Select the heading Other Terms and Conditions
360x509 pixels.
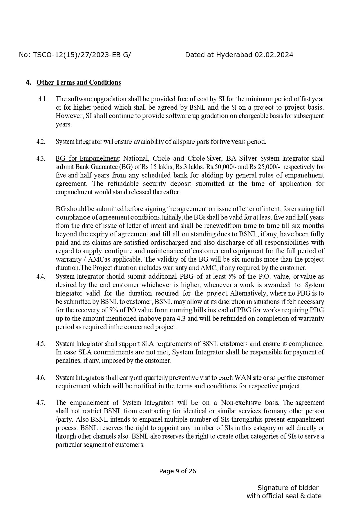tap(79, 82)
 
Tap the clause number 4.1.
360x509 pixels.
tap(43, 99)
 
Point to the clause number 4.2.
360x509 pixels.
tap(41, 142)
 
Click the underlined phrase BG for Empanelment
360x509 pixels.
tap(87, 159)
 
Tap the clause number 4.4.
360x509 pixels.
tap(41, 277)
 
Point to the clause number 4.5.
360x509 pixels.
tap(41, 344)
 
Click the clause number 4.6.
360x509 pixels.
tap(41, 378)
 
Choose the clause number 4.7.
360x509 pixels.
tap(41, 403)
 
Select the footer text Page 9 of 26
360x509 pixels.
tap(178, 471)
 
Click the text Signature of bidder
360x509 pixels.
tap(288, 488)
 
